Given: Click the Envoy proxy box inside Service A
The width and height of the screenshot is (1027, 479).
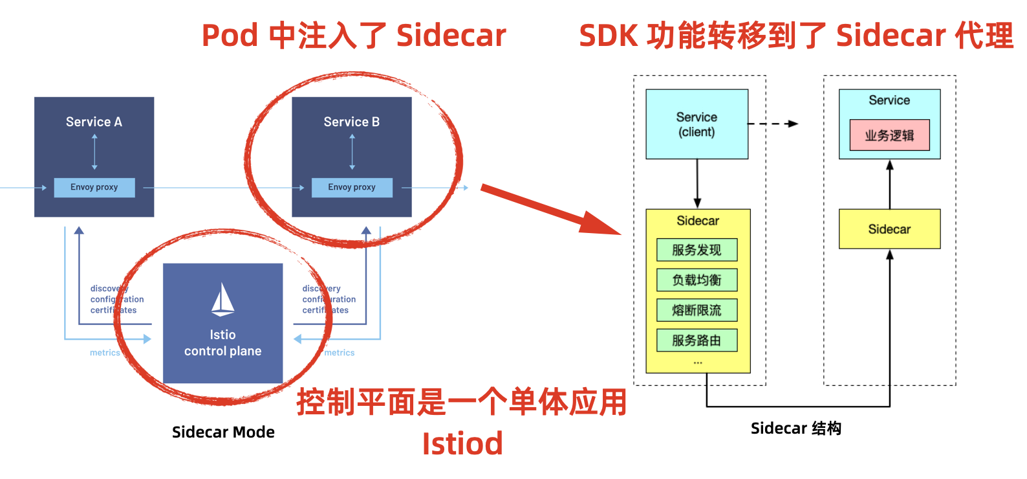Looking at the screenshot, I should [94, 187].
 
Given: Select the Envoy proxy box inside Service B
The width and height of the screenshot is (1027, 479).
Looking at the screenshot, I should [352, 187].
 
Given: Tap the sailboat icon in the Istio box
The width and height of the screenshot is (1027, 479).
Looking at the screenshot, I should [222, 300].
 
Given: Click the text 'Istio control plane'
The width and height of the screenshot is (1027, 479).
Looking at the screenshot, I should [222, 343].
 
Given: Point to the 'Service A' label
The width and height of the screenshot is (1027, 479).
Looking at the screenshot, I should [94, 122].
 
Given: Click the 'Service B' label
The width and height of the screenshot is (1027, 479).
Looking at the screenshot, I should [351, 122].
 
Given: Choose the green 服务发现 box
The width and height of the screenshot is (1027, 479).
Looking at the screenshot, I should [697, 250].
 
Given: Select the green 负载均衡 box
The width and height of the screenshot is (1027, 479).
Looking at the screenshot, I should [697, 280].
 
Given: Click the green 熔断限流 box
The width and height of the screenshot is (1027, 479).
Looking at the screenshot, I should [697, 310].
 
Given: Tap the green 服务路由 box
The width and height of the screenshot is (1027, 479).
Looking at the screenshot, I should [697, 340].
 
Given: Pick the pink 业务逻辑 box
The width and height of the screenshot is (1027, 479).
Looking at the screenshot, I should [889, 135].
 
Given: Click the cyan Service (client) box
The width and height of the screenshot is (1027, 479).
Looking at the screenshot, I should [697, 124].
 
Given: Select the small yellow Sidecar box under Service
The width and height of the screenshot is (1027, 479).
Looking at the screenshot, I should [889, 229].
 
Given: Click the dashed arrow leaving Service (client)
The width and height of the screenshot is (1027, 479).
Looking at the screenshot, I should [773, 124].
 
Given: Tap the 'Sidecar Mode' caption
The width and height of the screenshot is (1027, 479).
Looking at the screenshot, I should [223, 432].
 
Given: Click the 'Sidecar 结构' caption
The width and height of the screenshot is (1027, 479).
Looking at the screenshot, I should [795, 428].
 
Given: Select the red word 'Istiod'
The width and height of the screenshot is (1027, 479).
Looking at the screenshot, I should [462, 444].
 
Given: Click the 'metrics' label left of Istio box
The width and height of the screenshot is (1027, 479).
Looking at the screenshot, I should [105, 353].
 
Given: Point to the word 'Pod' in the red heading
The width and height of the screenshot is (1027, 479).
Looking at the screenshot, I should [230, 36].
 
